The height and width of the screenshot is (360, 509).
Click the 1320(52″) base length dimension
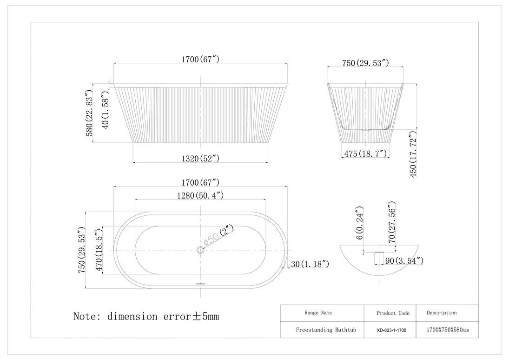click(x=200, y=159)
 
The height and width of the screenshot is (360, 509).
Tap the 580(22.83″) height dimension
click(x=89, y=113)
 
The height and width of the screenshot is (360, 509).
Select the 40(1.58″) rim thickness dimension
click(x=106, y=110)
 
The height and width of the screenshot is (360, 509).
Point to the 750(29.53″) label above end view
click(x=365, y=63)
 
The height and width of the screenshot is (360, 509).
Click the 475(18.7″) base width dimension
click(x=365, y=153)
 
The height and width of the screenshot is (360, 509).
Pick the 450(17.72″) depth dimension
click(x=413, y=154)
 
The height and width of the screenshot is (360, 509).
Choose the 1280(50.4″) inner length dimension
click(x=200, y=195)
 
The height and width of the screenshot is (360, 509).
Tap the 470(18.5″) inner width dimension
click(x=99, y=250)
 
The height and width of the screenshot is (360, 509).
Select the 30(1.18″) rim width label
click(x=310, y=264)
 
